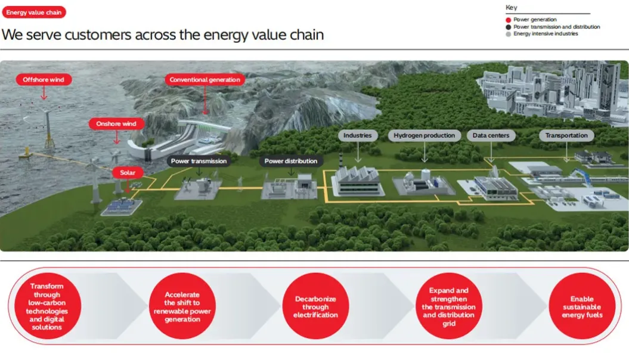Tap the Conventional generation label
pos(204,79)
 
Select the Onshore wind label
pos(116,124)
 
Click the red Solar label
pos(128,173)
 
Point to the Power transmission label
pos(199,161)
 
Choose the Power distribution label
pos(291,161)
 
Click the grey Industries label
pos(358,135)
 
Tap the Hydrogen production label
pos(424,135)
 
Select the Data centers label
pos(491,135)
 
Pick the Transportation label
pos(566,135)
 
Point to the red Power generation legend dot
pos(508,20)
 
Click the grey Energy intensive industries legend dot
pos(508,34)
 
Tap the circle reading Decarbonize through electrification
pos(315,307)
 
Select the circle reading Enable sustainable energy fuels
pos(582,307)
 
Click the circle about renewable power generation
pos(182,307)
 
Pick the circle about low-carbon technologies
pos(47,307)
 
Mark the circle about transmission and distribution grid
pos(449,307)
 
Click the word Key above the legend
pos(511,8)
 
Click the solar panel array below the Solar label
pos(122,206)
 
